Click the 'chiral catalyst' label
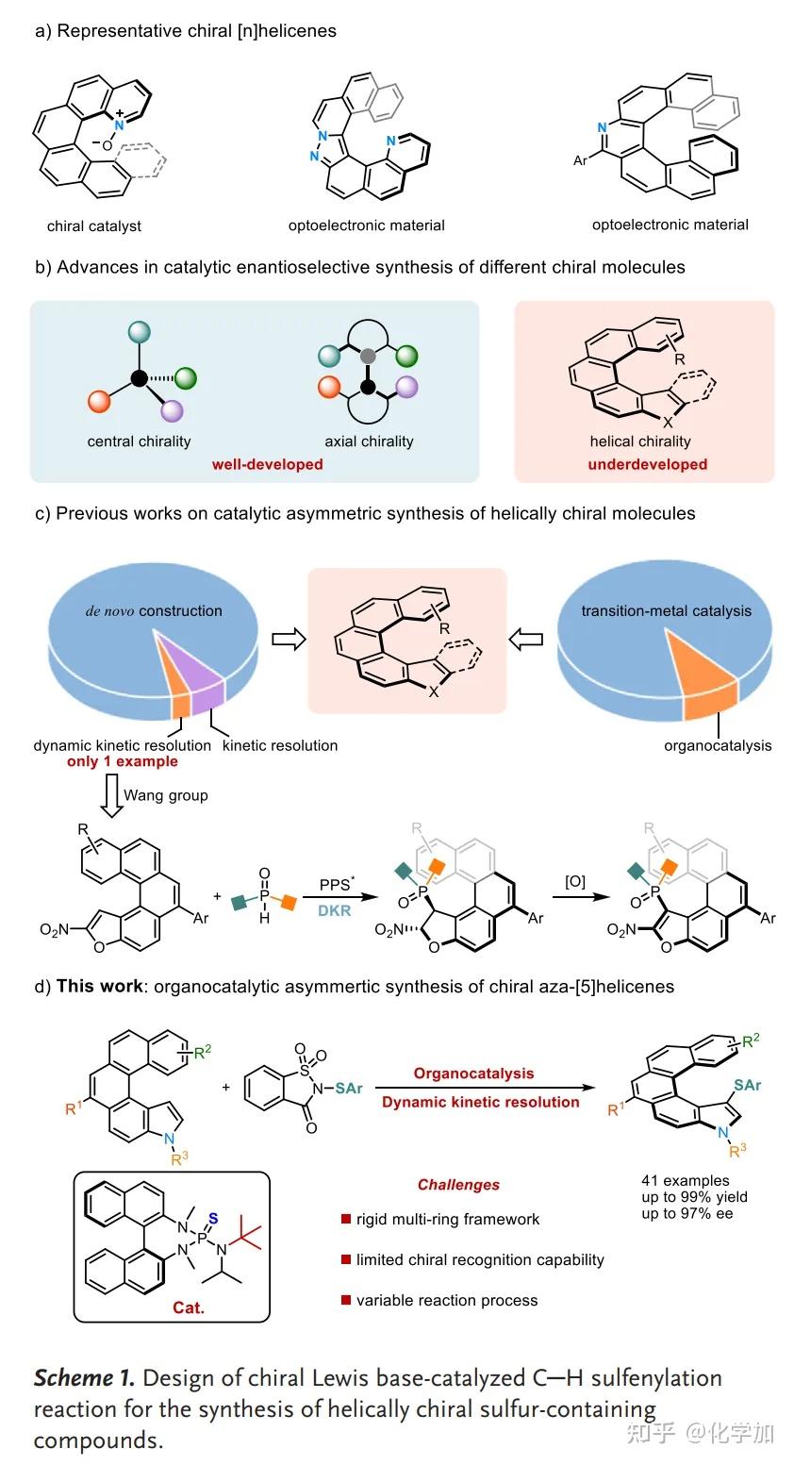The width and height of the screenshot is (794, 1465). point(94,226)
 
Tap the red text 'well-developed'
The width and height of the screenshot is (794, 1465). point(267,464)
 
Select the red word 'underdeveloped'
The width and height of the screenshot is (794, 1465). point(647,464)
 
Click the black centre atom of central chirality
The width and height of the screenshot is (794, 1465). point(139,378)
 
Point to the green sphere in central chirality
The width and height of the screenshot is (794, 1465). point(186,379)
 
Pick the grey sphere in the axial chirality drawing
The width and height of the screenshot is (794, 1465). point(369,356)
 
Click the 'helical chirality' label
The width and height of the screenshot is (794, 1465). point(640,441)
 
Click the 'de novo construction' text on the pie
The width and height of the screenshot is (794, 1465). point(151,610)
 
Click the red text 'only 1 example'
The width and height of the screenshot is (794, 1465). point(122,761)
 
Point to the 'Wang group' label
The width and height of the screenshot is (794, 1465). point(166,795)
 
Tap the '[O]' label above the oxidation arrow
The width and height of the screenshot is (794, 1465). point(574,882)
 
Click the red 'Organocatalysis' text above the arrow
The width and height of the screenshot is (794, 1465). point(473,1074)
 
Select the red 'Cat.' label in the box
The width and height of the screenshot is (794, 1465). point(189,1308)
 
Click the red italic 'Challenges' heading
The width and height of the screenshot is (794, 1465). point(458,1185)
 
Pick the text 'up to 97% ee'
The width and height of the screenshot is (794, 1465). point(686,1214)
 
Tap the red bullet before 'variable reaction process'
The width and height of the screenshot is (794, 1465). point(346,1300)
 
